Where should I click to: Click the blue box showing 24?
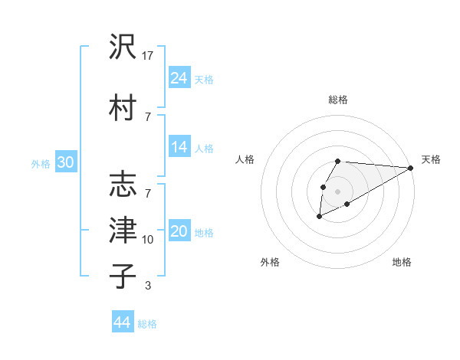tap(179, 78)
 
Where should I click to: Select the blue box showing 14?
tap(179, 147)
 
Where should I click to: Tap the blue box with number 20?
tap(179, 232)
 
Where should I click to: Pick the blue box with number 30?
tap(65, 162)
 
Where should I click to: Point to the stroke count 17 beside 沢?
tap(148, 55)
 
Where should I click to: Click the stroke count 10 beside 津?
tap(148, 240)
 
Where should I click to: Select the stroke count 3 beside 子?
tap(148, 286)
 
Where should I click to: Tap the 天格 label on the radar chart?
tap(431, 159)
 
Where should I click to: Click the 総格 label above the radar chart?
tap(337, 100)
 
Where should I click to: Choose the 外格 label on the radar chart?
tap(270, 262)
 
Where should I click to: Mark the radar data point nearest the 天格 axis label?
tap(411, 168)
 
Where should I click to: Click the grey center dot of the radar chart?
tap(337, 191)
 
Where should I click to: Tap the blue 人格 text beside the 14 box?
tap(204, 148)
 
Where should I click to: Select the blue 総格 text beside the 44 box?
tap(147, 324)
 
